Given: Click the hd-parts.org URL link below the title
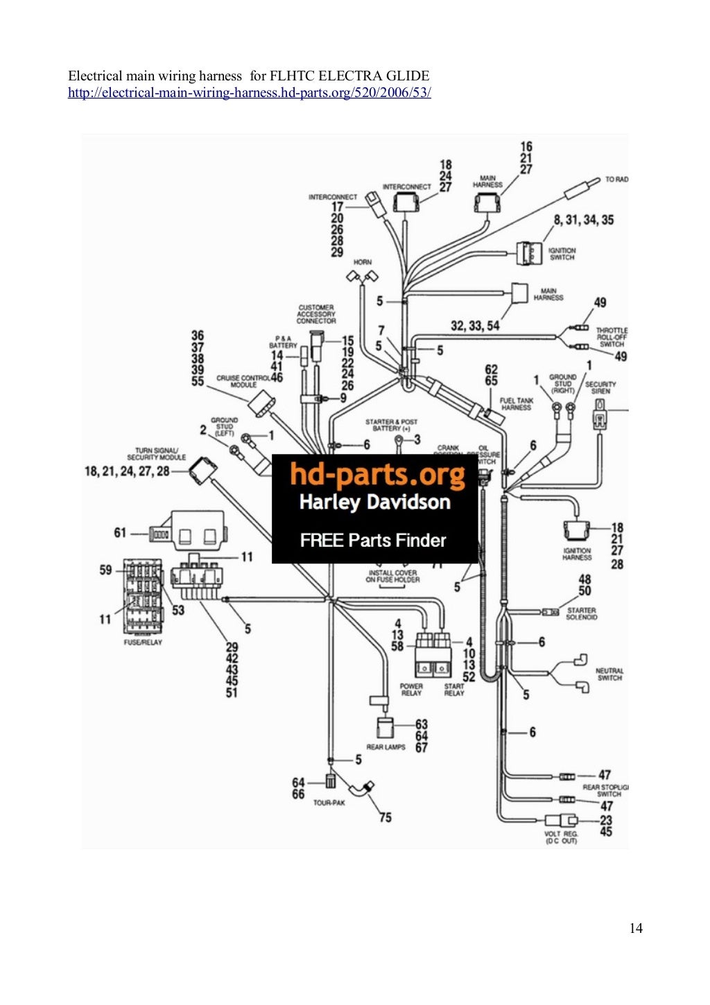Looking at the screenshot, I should coord(249,93).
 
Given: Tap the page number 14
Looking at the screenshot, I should coord(635,928).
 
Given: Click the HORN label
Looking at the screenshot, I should coord(363,262).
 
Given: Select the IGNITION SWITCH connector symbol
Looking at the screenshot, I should coord(530,254).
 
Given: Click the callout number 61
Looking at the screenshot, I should coord(120,532).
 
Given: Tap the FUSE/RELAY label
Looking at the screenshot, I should coord(143,642).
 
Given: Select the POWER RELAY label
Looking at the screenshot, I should coord(411,690).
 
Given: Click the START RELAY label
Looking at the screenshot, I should coord(454,690).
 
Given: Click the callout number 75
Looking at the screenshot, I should coord(385,817).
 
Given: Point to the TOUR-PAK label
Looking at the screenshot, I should coord(329,803).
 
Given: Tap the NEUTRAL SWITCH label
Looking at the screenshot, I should coord(609,674).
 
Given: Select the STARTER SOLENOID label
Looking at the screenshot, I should coord(581,613).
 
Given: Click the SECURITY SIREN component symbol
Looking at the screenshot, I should coord(600,419).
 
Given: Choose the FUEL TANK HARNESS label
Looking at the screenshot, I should coord(517,404).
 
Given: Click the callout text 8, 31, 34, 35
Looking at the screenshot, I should coord(583,220).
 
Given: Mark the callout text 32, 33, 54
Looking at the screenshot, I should coord(475,325).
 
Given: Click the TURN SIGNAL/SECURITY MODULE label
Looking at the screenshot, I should coord(156,454).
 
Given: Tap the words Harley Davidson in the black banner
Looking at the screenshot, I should coord(374,502).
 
